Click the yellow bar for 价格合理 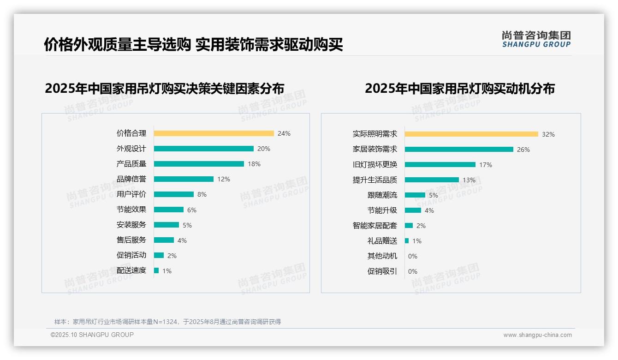coord(214,133)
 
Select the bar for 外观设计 coord(203,149)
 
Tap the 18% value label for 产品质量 coord(254,164)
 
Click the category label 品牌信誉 coord(131,179)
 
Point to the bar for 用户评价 coord(173,194)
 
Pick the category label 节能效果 coord(131,210)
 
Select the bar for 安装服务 coord(166,225)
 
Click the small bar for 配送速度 coord(156,270)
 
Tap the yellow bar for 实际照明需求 coord(471,134)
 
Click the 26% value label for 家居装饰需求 coord(523,150)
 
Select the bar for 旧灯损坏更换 coord(440,165)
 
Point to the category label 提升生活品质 coord(374,180)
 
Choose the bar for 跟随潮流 coord(415,195)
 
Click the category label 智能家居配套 coord(374,226)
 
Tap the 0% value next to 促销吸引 coord(413,271)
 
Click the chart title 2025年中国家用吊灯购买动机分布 coord(459,89)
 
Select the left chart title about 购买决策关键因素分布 coord(164,89)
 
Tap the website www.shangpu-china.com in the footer coord(537,335)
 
